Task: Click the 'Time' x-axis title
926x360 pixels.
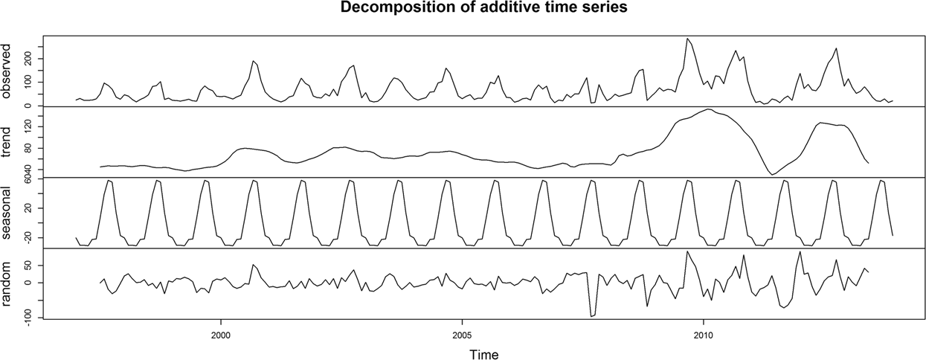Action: point(483,354)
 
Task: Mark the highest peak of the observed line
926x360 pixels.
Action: point(687,39)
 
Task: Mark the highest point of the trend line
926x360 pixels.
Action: point(710,109)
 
